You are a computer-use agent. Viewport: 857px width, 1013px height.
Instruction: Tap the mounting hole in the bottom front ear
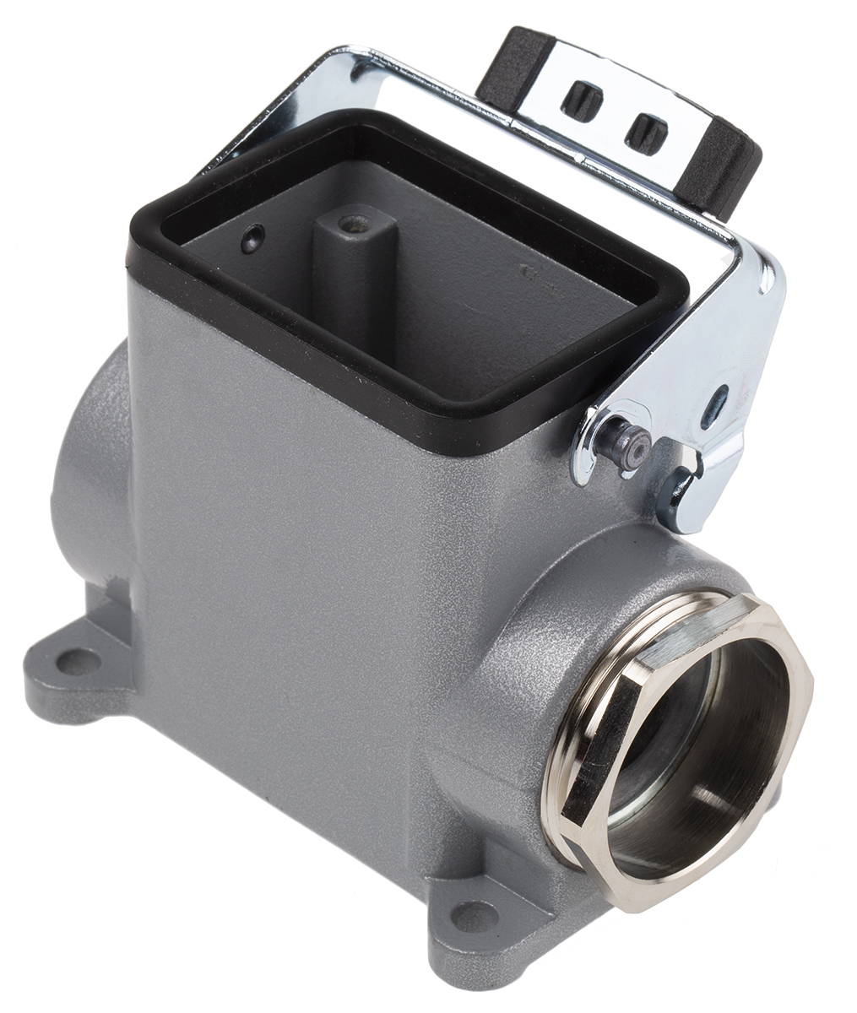coord(475,916)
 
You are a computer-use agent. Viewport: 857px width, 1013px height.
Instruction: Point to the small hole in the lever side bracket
coord(719,397)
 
